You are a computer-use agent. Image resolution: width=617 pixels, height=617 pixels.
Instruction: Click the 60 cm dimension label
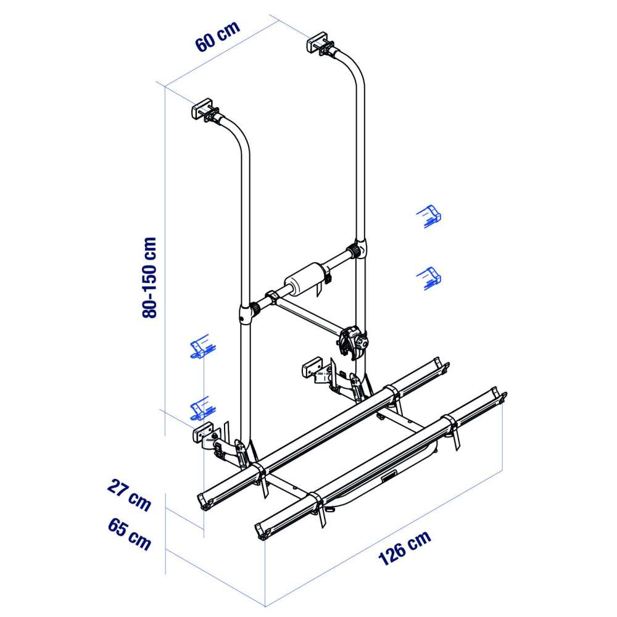pyautogui.click(x=217, y=36)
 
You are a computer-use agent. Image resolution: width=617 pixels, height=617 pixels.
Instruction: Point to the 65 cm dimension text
pyautogui.click(x=128, y=534)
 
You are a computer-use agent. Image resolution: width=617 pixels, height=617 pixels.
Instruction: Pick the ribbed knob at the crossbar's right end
pyautogui.click(x=355, y=251)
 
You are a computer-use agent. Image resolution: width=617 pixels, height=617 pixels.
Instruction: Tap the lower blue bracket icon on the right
pyautogui.click(x=430, y=277)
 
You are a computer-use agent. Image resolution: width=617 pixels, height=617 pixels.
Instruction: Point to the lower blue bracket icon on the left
pyautogui.click(x=201, y=408)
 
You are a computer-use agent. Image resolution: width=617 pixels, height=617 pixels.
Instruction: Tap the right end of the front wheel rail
pyautogui.click(x=498, y=395)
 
